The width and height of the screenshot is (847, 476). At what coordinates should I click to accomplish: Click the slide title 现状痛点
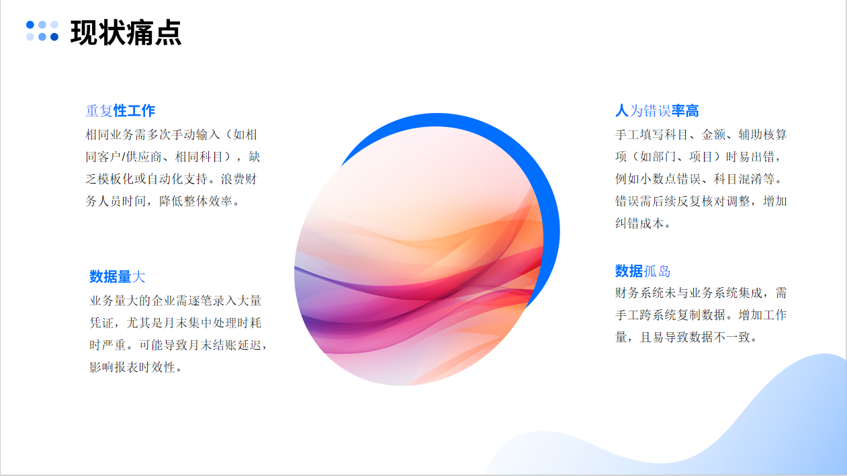(x=126, y=33)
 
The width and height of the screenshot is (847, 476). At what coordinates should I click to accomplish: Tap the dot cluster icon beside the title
(x=42, y=31)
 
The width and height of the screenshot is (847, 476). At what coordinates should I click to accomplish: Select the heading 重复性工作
(x=120, y=111)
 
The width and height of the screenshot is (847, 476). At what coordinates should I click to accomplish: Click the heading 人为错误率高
(x=657, y=111)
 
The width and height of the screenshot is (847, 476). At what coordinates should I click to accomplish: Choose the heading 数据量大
(x=118, y=276)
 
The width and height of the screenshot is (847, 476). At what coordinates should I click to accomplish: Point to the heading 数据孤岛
(x=642, y=272)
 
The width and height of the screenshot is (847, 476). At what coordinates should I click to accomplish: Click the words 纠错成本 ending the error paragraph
(x=639, y=223)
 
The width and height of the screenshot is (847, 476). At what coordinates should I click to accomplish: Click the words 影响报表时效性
(x=132, y=367)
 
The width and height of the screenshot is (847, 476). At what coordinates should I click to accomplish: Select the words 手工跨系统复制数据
(x=670, y=315)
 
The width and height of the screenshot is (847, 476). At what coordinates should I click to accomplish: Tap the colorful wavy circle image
(x=419, y=256)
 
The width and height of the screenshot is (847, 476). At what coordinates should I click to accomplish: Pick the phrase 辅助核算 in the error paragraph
(x=762, y=134)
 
